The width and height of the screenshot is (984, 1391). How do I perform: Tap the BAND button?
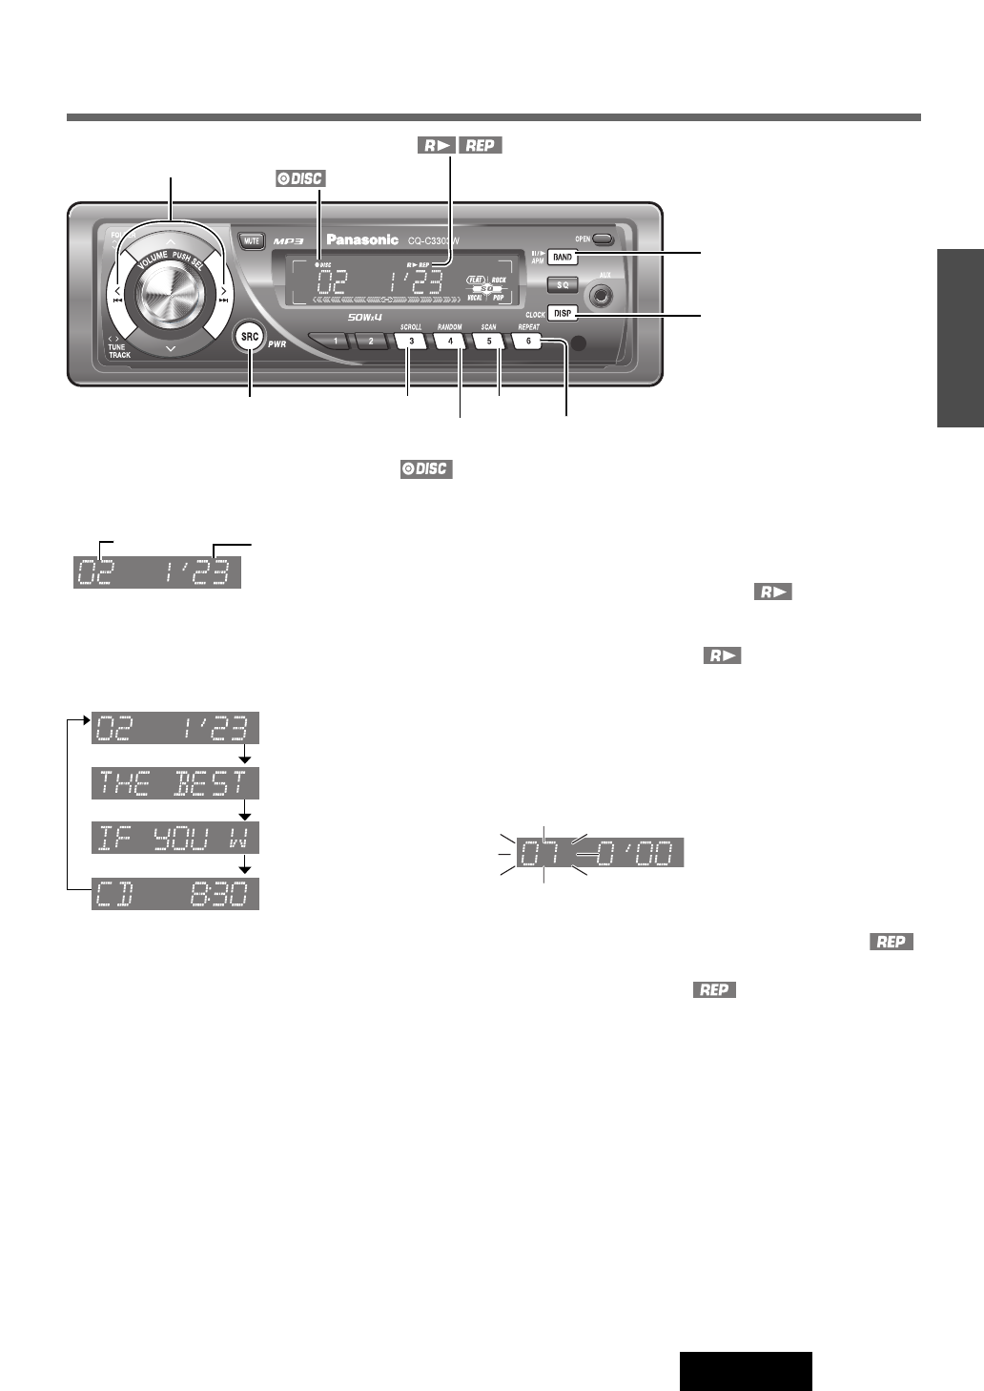click(563, 258)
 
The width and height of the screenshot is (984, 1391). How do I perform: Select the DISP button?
click(563, 313)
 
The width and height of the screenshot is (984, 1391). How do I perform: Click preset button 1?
click(335, 341)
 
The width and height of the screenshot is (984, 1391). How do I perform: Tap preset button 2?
click(372, 341)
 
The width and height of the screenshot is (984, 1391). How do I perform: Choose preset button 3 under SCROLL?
click(411, 340)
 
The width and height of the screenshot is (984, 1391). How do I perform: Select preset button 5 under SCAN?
click(489, 340)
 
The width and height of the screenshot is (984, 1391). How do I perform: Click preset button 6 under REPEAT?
click(528, 340)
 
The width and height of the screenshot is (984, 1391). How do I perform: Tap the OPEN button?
click(602, 239)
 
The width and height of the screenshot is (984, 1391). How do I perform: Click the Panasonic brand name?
click(362, 239)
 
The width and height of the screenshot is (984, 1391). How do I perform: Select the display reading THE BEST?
click(175, 784)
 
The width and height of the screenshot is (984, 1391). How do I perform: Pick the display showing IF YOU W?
click(175, 839)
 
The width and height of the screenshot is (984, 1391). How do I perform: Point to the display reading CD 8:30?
click(175, 894)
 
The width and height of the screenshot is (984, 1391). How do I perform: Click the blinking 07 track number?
click(543, 852)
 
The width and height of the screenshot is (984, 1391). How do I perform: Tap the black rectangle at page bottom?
click(746, 1371)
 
